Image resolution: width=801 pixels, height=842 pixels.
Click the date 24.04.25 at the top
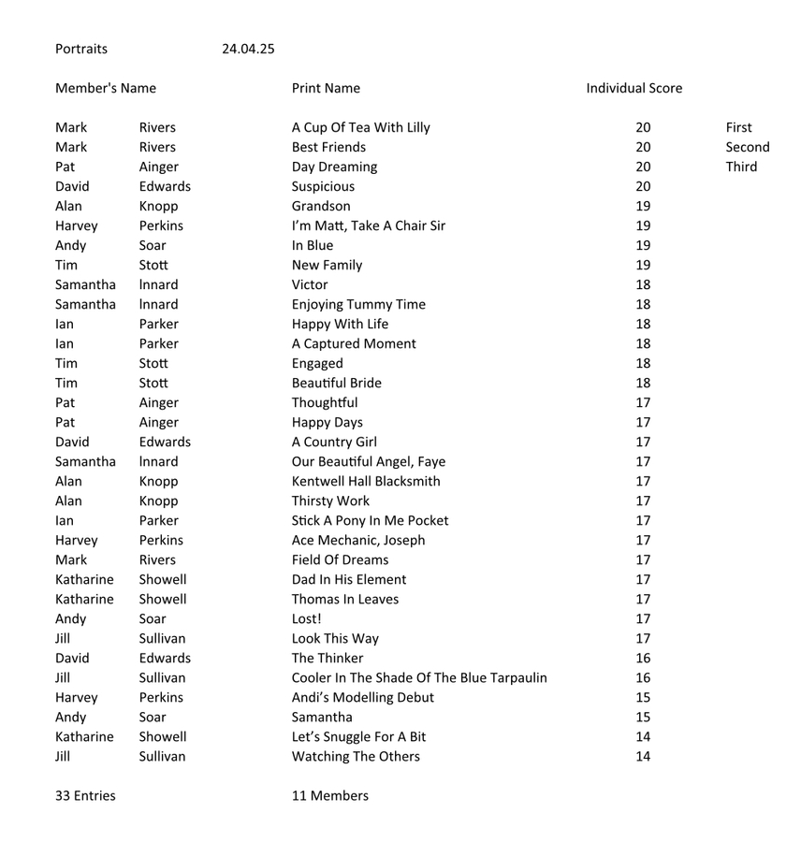point(248,49)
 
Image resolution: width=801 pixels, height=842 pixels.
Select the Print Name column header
point(326,88)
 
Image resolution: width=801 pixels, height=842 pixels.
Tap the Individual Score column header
point(634,88)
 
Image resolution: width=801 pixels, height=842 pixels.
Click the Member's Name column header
point(106,88)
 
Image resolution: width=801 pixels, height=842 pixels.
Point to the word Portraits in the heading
point(81,49)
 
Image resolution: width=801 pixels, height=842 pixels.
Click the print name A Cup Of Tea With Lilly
point(361,127)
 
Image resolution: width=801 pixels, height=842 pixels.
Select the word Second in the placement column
point(747,147)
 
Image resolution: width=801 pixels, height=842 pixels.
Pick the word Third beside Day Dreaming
point(741,167)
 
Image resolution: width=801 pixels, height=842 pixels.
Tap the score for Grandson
point(643,206)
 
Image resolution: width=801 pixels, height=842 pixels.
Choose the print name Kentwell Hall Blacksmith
point(366,481)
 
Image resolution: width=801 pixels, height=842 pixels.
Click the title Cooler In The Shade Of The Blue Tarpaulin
point(419,677)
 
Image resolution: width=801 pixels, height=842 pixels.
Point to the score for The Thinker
point(643,658)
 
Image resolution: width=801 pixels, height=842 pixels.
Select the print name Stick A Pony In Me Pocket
point(370,520)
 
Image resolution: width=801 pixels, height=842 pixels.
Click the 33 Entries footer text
point(85,795)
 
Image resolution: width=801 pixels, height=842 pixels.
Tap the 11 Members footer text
point(330,795)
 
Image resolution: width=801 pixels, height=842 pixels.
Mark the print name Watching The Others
point(356,756)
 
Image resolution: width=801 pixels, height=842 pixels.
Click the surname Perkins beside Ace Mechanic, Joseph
point(161,540)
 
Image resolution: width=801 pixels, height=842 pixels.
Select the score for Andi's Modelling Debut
point(643,697)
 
